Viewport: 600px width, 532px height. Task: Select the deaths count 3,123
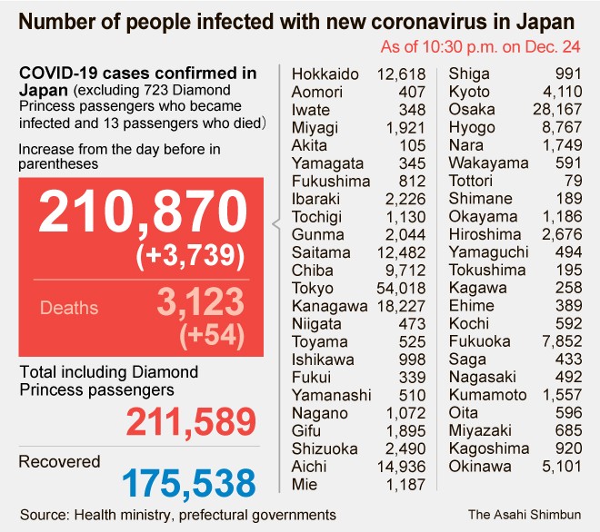tap(200, 302)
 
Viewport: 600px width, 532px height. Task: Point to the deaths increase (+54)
tap(212, 335)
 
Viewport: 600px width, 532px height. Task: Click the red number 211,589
tap(191, 422)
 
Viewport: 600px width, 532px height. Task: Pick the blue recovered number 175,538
tap(189, 481)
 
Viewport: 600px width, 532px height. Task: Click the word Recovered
tap(60, 462)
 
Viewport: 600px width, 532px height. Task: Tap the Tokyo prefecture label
tap(313, 289)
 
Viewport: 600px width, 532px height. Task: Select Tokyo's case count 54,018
tap(400, 289)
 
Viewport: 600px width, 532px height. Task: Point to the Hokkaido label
tap(325, 74)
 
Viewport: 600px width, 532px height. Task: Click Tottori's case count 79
tap(568, 181)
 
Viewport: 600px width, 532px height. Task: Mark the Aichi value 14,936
tap(400, 467)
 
